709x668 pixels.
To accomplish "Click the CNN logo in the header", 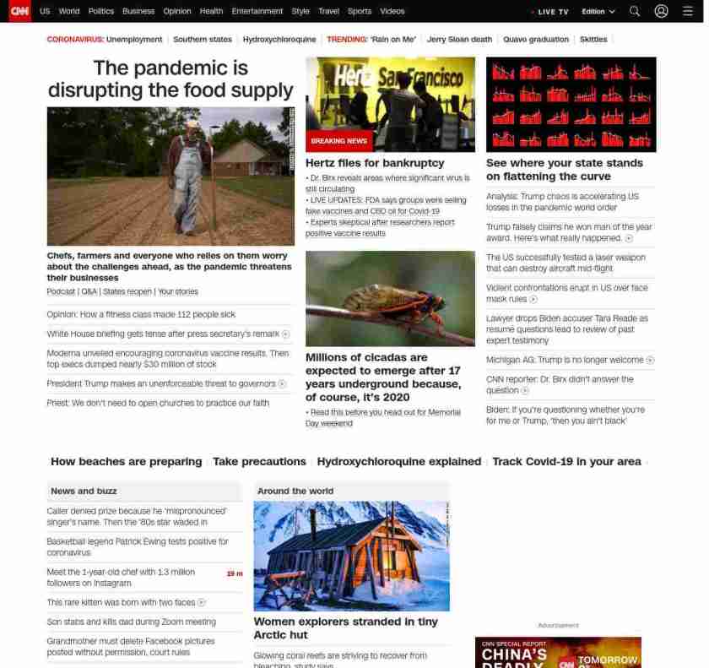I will pos(19,11).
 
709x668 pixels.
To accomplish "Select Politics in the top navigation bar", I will pos(101,12).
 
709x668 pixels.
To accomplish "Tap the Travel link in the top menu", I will pos(328,12).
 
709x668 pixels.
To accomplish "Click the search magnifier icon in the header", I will pos(635,12).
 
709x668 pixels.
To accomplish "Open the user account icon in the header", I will pos(661,12).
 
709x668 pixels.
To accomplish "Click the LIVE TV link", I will pos(552,12).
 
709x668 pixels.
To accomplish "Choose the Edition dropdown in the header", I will pos(598,12).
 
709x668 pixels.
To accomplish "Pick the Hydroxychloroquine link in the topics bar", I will pos(279,40).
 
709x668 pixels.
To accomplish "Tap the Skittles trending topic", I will pos(593,40).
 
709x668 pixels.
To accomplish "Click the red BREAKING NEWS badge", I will pos(339,141).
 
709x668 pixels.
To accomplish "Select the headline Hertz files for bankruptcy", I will pos(375,163).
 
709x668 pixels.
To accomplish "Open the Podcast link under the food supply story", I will pos(61,292).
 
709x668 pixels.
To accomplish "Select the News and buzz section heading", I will pos(84,491).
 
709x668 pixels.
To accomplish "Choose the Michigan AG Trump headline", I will pos(565,360).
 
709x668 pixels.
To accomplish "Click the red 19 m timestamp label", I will pos(235,573).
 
